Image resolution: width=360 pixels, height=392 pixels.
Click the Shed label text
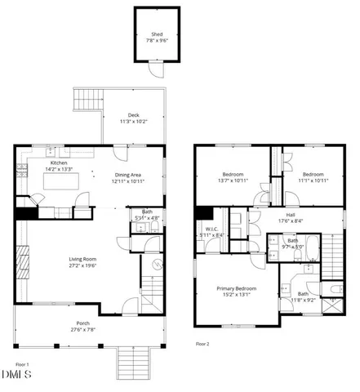(x=157, y=34)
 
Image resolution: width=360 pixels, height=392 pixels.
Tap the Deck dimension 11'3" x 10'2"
(x=132, y=122)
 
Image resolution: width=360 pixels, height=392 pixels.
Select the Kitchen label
(x=59, y=163)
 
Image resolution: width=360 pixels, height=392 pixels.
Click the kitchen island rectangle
(x=61, y=184)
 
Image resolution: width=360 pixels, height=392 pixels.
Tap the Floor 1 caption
(x=22, y=364)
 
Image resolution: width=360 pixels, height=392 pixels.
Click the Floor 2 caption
(x=202, y=344)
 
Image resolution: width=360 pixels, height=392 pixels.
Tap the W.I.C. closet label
(x=210, y=229)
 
